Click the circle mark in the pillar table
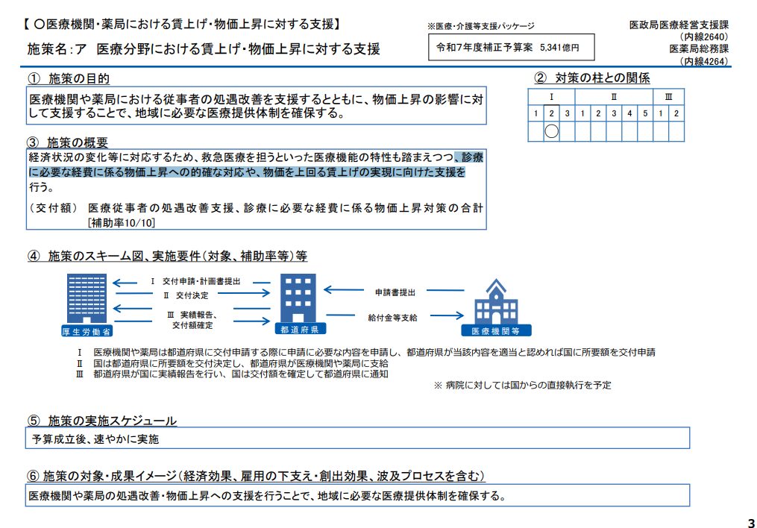tap(552, 132)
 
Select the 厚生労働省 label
tap(87, 331)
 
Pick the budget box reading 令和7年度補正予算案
tap(511, 47)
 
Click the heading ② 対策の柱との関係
tap(592, 78)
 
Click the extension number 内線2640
tap(703, 37)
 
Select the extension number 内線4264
tap(703, 61)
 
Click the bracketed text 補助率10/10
tap(121, 221)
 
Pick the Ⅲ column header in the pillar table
tap(669, 97)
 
